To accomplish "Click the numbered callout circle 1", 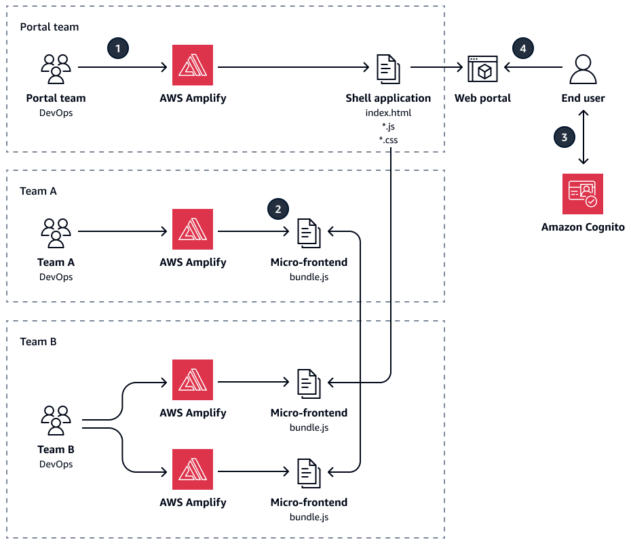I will click(118, 48).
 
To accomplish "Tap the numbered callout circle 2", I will click(277, 209).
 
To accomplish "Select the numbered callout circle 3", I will click(563, 137).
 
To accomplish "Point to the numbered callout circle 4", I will click(522, 48).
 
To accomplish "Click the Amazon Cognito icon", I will click(583, 194).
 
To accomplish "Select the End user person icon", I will click(583, 68).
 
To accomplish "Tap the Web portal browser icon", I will click(482, 68).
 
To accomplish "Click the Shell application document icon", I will click(388, 68).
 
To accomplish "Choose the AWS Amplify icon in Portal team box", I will click(193, 65).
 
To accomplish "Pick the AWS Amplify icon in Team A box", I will click(193, 229).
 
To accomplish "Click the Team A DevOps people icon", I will click(56, 232).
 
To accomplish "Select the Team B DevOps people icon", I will click(56, 421).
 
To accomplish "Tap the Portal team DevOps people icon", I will click(56, 68).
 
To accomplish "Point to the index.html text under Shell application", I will click(388, 113).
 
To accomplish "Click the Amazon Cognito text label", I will click(583, 227).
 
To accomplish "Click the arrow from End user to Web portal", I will click(533, 68).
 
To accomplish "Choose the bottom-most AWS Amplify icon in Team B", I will click(193, 469).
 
